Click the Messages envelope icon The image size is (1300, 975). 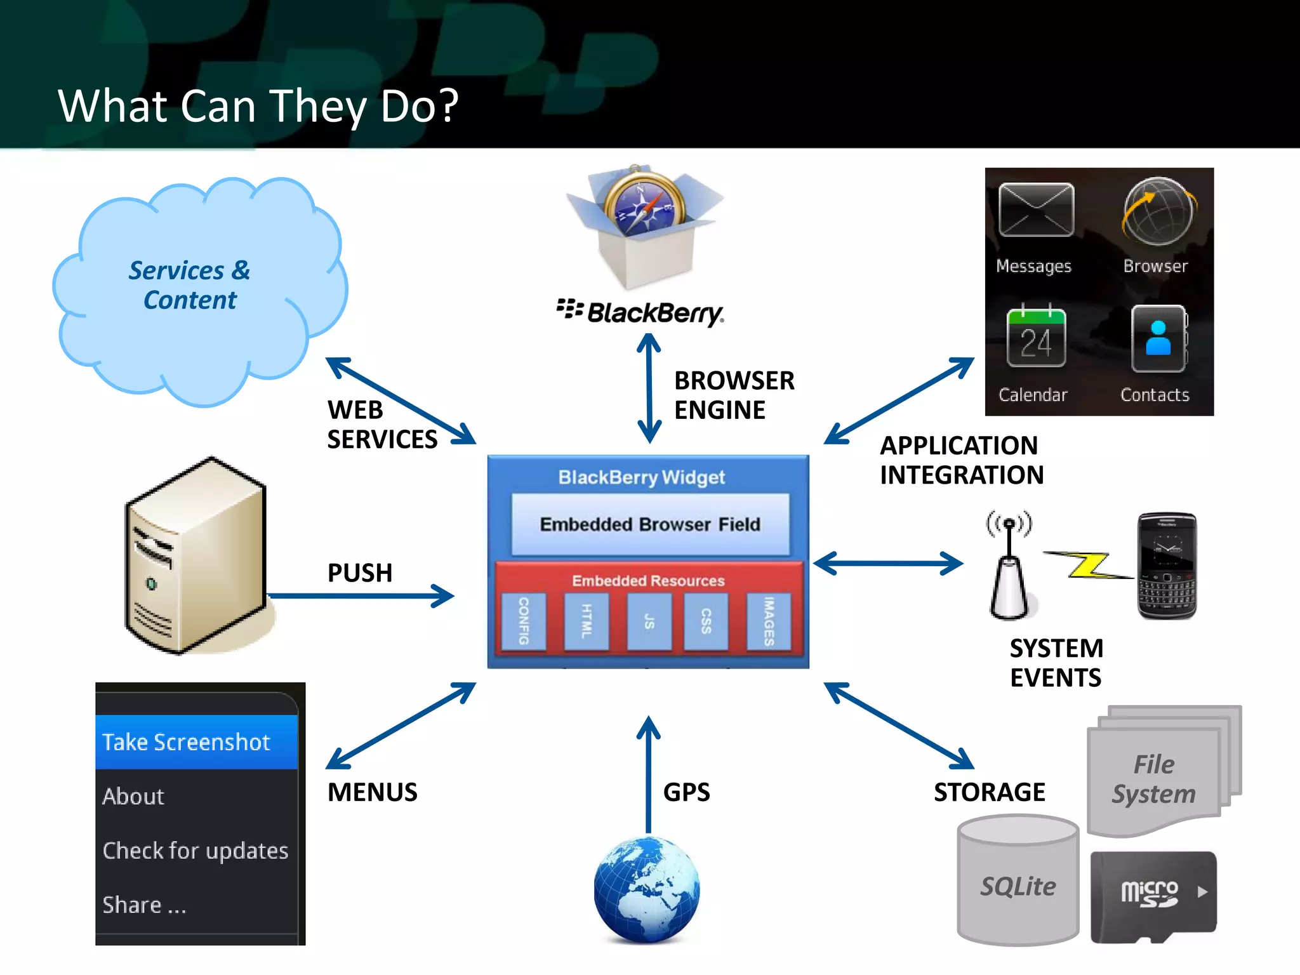[1035, 210]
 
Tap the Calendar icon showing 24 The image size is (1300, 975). [1035, 337]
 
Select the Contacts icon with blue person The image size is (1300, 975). [1158, 338]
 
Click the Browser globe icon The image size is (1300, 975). [1158, 212]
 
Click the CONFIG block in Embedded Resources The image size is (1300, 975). [524, 621]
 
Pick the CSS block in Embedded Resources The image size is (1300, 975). [706, 621]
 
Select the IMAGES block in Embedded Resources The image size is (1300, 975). [769, 621]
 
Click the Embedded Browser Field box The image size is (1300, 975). [650, 524]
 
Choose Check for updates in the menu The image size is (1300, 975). [196, 851]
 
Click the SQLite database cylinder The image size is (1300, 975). [1018, 882]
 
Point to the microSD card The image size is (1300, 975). [1153, 896]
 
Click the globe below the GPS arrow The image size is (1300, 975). [646, 889]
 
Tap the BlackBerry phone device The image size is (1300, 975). [1167, 566]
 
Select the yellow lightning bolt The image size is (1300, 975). [1087, 564]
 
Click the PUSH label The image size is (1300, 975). [360, 573]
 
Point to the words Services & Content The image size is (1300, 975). [190, 285]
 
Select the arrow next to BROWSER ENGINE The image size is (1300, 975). [649, 388]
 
